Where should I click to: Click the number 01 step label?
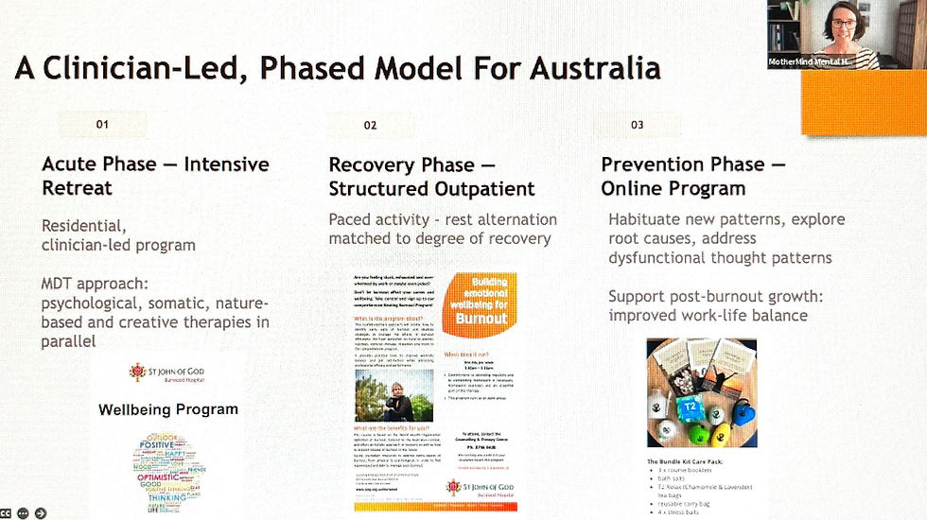click(x=102, y=124)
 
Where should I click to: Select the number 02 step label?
click(x=370, y=125)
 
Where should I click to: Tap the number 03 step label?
click(x=637, y=125)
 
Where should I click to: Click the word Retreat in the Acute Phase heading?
click(x=77, y=188)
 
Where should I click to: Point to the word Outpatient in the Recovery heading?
click(x=484, y=188)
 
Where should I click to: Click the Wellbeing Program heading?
click(x=168, y=409)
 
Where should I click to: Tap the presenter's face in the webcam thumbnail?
click(x=838, y=23)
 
